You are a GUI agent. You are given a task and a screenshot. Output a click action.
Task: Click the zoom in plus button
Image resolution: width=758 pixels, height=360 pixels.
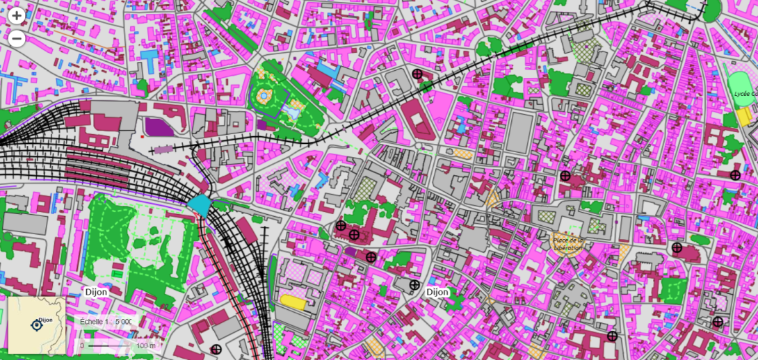point(17,16)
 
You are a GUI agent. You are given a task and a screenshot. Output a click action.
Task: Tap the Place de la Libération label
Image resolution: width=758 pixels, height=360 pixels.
point(568,243)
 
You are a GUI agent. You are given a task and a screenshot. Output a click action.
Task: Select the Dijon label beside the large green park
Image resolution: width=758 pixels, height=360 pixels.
point(96,293)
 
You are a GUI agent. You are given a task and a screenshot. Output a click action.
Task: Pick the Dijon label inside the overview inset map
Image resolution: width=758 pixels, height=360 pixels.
point(46,320)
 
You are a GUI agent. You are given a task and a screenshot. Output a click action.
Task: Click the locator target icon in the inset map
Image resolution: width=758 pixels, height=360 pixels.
point(36,325)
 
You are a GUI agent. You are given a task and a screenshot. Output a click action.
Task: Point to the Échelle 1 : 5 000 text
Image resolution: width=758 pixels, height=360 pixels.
point(106,322)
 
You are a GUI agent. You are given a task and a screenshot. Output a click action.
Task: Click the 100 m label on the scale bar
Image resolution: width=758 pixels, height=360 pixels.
point(146,345)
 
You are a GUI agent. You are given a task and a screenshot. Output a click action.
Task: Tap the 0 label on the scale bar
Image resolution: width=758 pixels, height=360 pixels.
point(82,345)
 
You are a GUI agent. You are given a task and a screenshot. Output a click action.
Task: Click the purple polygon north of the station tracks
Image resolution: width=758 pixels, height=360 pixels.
point(159,127)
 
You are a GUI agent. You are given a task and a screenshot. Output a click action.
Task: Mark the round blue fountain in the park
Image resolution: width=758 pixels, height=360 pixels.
point(264,95)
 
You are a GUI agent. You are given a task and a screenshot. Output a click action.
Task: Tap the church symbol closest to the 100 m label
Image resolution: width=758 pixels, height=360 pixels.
point(216,350)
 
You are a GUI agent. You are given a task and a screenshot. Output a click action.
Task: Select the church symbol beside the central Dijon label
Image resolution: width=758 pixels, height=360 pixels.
point(414,285)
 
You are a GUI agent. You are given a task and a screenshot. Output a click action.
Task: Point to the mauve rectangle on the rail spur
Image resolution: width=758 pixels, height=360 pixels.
point(162,149)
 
